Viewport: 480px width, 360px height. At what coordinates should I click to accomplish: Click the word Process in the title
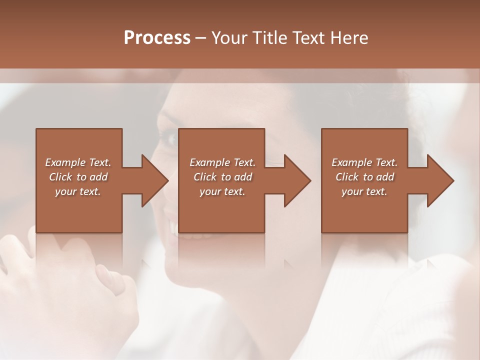point(157,38)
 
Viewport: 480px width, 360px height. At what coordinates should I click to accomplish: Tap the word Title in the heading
point(268,38)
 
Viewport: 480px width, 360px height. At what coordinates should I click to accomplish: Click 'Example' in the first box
point(65,162)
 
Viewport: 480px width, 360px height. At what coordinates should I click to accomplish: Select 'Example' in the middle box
point(209,162)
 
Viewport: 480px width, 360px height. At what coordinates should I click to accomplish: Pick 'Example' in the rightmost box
point(351,162)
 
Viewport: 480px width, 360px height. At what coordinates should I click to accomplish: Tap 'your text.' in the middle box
point(222,191)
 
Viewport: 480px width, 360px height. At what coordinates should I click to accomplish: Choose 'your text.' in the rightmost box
point(364,191)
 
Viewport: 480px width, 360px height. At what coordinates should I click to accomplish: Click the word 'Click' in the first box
point(60,177)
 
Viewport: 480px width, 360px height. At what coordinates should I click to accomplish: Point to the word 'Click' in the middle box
point(205,177)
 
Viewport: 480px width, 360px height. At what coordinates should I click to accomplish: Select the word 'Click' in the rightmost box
point(347,177)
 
